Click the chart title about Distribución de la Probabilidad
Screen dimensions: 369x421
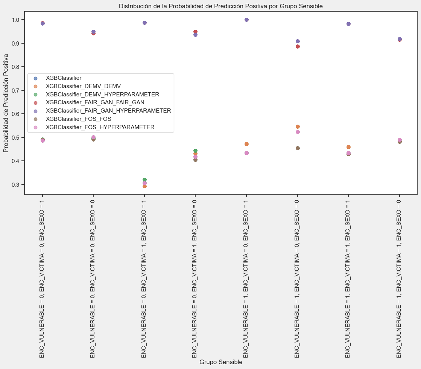tap(220, 6)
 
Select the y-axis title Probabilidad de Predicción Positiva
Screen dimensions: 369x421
tap(6, 103)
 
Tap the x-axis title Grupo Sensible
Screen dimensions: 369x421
tap(220, 362)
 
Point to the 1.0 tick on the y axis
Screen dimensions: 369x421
tap(17, 20)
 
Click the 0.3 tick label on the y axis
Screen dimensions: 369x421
tap(17, 184)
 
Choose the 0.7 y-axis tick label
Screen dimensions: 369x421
tap(17, 90)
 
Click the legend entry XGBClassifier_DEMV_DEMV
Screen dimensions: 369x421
tap(83, 86)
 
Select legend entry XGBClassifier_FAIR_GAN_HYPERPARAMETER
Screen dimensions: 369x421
tap(108, 111)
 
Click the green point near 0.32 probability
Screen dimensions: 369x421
tap(144, 180)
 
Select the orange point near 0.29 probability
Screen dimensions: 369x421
tap(144, 186)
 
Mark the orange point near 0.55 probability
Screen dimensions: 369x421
tap(298, 127)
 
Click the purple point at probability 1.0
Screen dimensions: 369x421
tap(246, 20)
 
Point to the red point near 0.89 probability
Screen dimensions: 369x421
tap(298, 46)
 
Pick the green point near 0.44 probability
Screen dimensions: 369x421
tap(195, 151)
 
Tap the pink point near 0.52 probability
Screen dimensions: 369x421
tap(298, 132)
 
